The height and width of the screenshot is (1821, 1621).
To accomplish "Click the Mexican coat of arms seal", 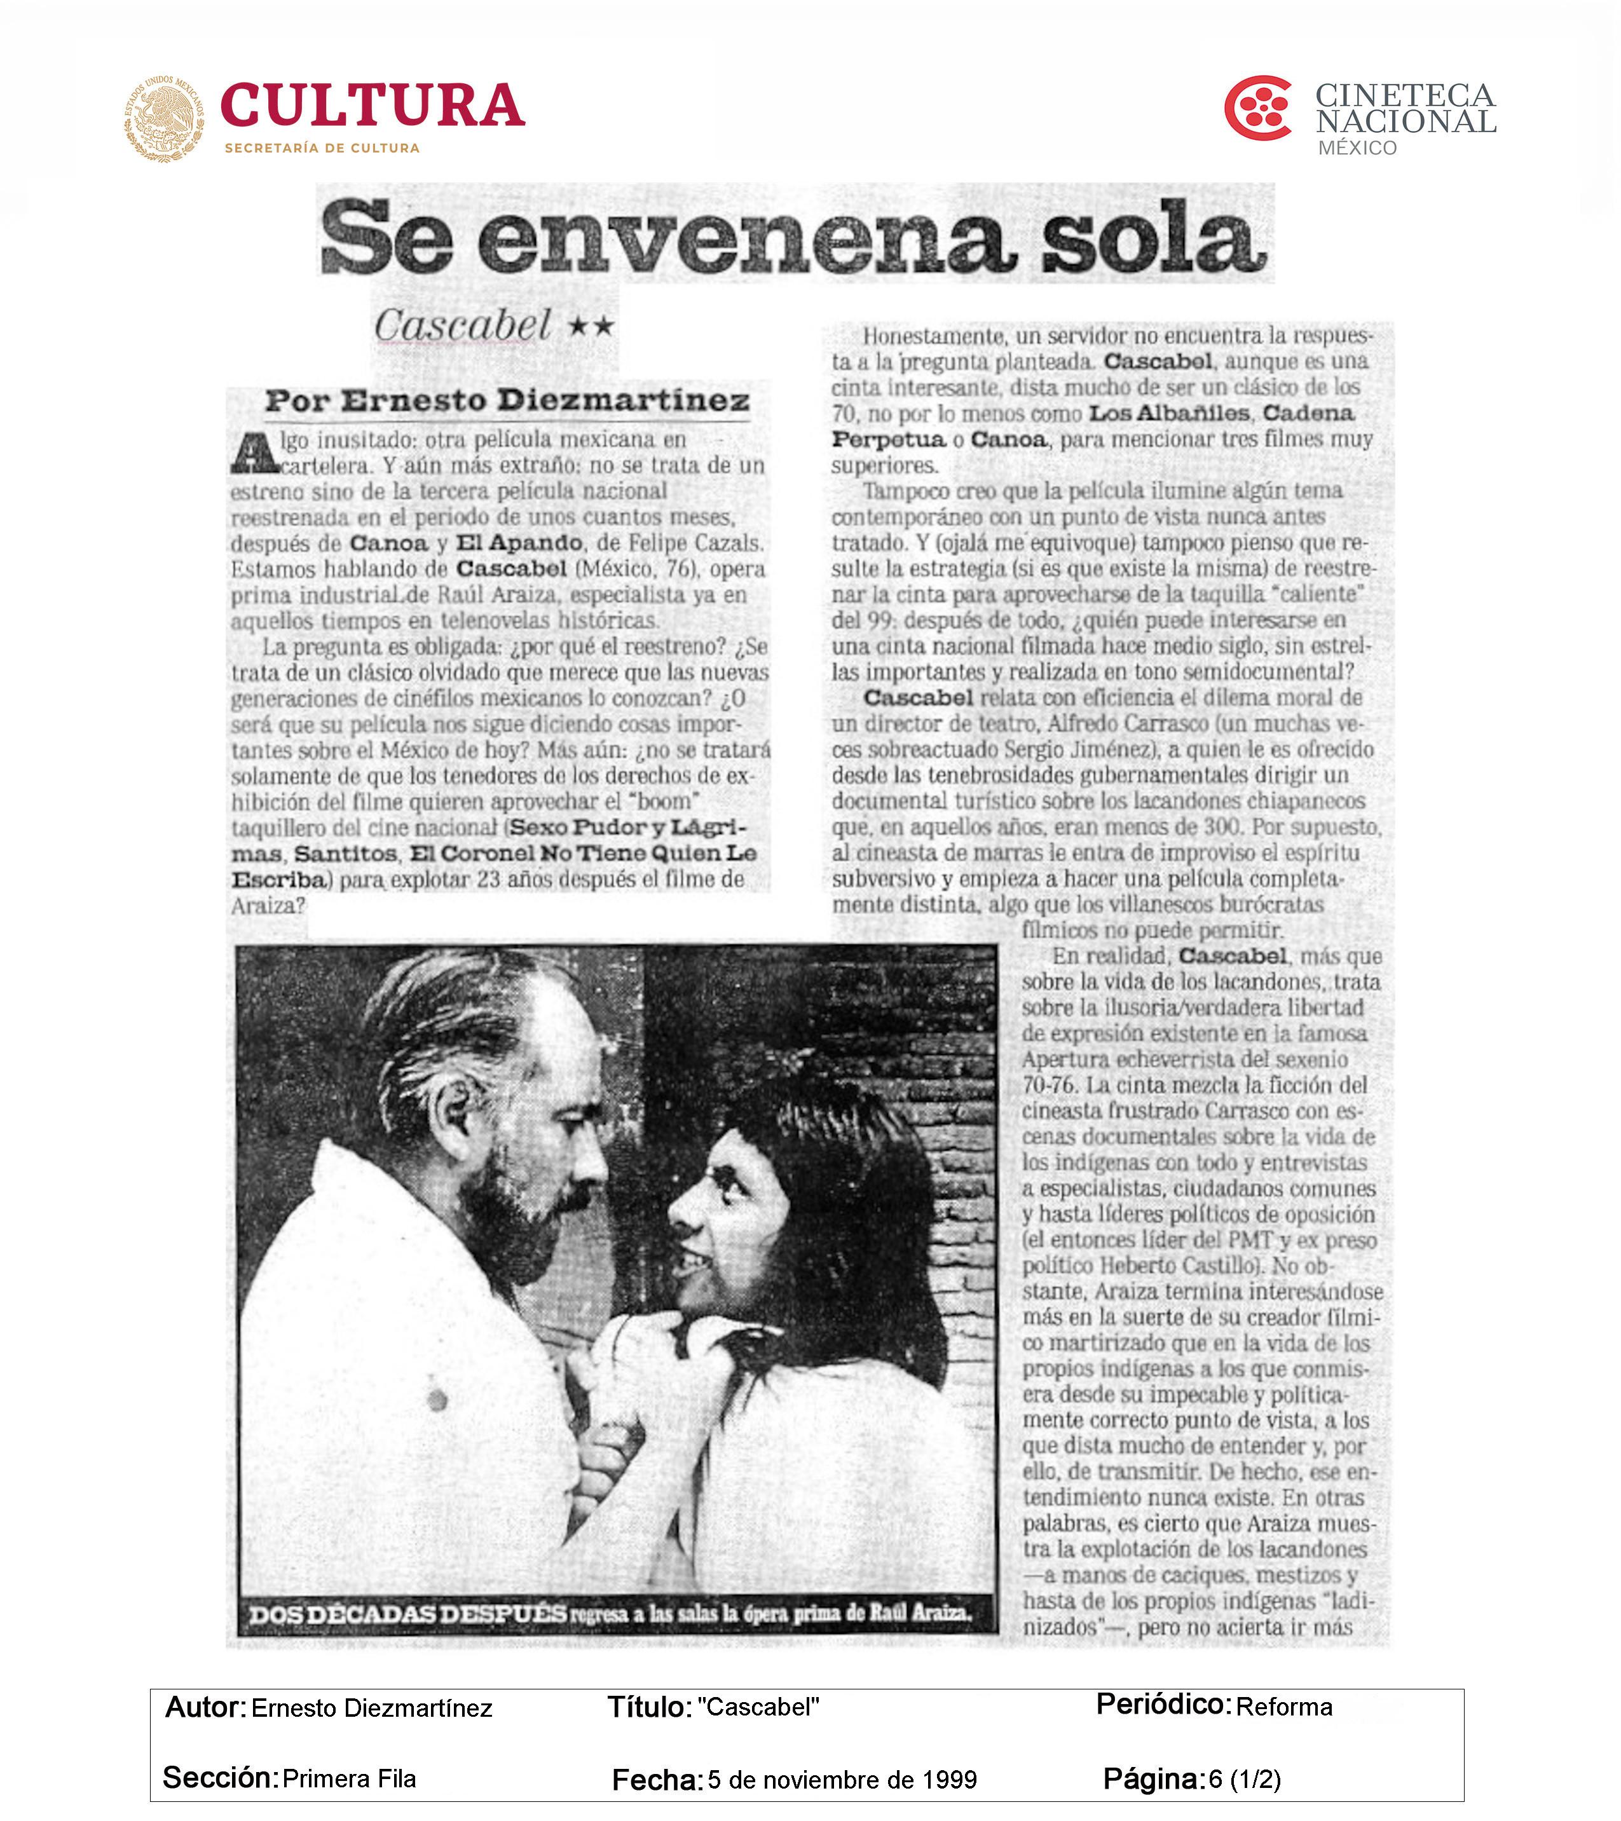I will [164, 118].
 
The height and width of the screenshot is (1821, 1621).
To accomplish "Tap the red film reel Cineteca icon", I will [1257, 109].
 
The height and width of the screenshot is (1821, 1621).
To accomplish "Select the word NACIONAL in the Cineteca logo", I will [1406, 122].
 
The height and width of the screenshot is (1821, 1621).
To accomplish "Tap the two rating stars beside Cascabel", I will [592, 326].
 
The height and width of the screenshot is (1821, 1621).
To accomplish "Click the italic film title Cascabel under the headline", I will [463, 325].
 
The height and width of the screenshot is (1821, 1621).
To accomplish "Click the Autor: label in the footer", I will [205, 1706].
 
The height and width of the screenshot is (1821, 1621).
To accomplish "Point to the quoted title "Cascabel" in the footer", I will [758, 1706].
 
